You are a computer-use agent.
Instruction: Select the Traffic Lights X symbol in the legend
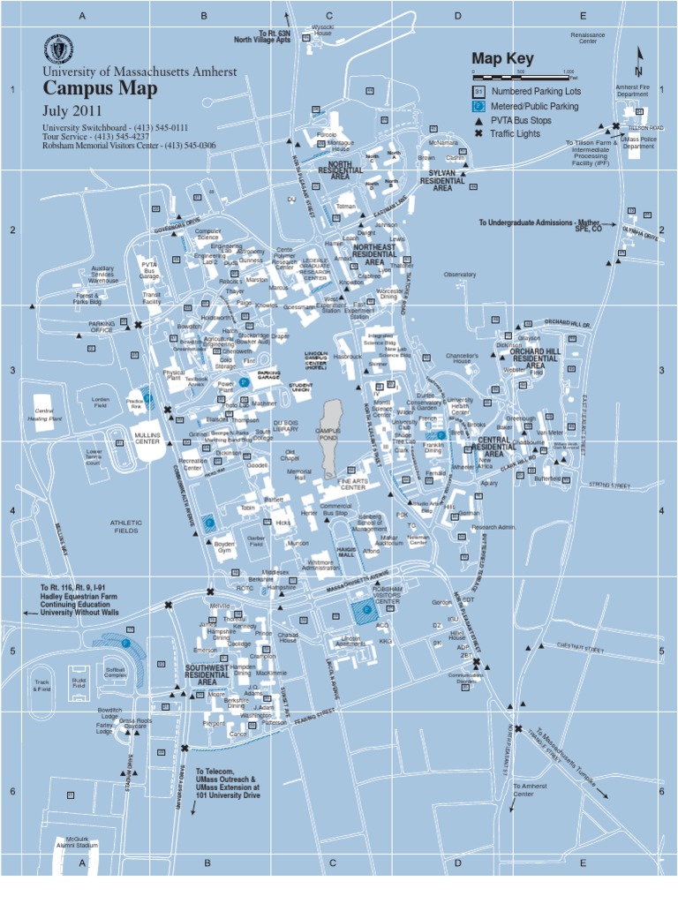478,133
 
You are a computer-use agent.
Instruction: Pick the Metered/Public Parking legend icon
478,106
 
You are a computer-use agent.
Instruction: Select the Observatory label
460,275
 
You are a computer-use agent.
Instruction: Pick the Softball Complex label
116,674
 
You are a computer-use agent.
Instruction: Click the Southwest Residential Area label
207,675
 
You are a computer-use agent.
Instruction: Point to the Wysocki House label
323,31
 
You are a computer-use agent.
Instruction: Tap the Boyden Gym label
224,546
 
